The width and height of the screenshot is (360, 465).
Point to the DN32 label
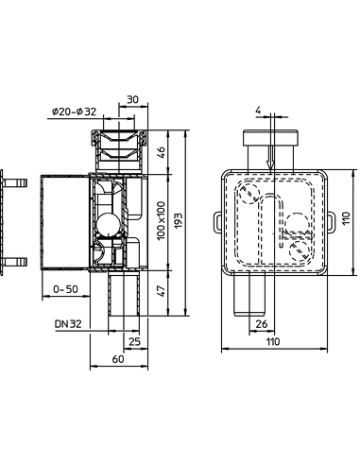click(x=68, y=322)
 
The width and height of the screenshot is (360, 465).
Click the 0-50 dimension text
click(x=66, y=288)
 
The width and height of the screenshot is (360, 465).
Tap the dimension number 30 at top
click(x=132, y=96)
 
